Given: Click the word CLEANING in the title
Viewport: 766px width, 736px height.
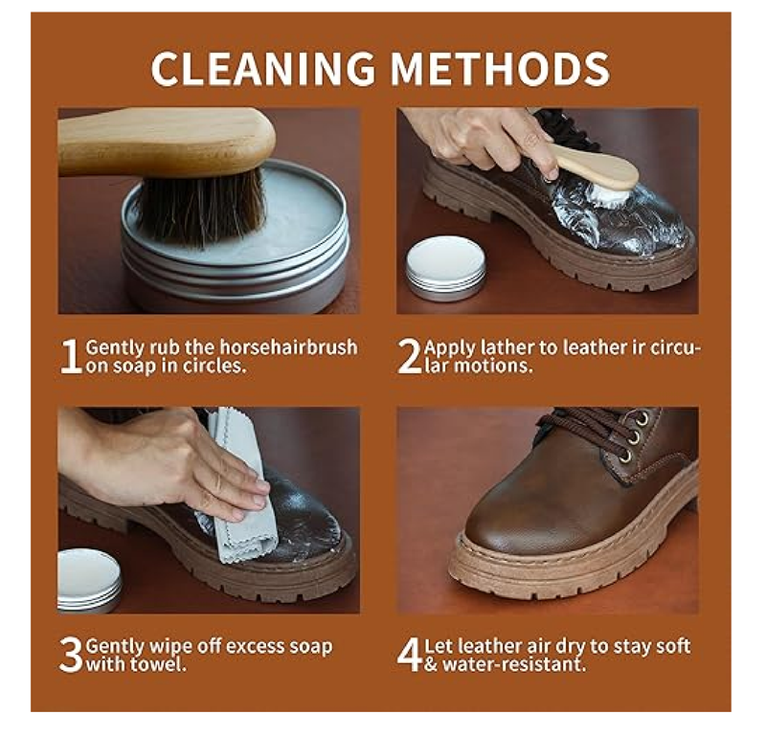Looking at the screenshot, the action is [263, 68].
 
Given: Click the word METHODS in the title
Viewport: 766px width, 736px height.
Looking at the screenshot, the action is [500, 68].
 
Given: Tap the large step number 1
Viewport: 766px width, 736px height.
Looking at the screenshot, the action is [71, 357].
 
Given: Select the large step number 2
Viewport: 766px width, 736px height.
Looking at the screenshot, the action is [409, 357].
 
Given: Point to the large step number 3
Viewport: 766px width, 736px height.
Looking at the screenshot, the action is [71, 655].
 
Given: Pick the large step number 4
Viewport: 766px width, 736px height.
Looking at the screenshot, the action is [410, 655].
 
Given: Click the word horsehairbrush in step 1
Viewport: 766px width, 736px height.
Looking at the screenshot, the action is [289, 347].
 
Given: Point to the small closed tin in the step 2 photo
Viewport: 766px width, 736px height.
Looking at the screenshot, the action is [445, 268].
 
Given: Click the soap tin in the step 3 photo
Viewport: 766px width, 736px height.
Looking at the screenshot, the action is [88, 580].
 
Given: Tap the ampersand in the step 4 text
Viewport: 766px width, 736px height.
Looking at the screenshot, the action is [431, 664].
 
